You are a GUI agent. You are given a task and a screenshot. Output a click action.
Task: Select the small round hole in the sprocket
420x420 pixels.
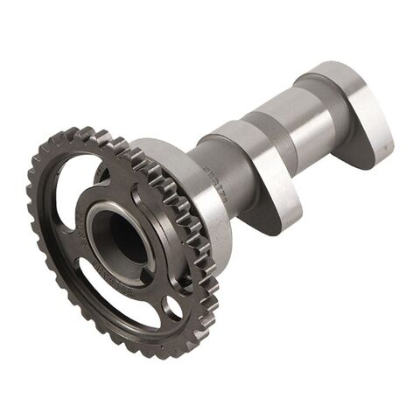(x=172, y=306)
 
